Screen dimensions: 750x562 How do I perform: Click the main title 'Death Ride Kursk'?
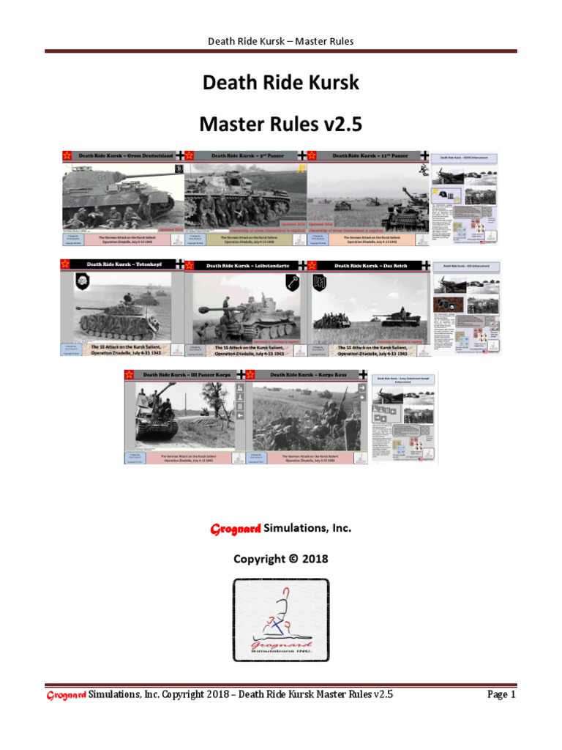[x=281, y=83]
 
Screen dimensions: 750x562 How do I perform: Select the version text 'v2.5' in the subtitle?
[x=344, y=125]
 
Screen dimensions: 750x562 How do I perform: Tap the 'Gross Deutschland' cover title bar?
[x=124, y=156]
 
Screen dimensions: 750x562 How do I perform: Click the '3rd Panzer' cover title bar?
[x=245, y=156]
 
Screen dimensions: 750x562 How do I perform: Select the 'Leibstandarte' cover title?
[x=245, y=264]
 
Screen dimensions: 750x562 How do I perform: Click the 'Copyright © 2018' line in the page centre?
[x=281, y=559]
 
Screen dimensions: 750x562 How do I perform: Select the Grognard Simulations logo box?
[x=281, y=621]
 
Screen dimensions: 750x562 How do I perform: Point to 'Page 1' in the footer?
[x=502, y=694]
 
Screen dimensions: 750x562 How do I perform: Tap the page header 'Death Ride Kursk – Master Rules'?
[x=281, y=41]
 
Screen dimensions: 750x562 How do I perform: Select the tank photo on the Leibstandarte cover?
[x=245, y=308]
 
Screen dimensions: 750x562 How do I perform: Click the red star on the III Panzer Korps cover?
[x=130, y=375]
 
